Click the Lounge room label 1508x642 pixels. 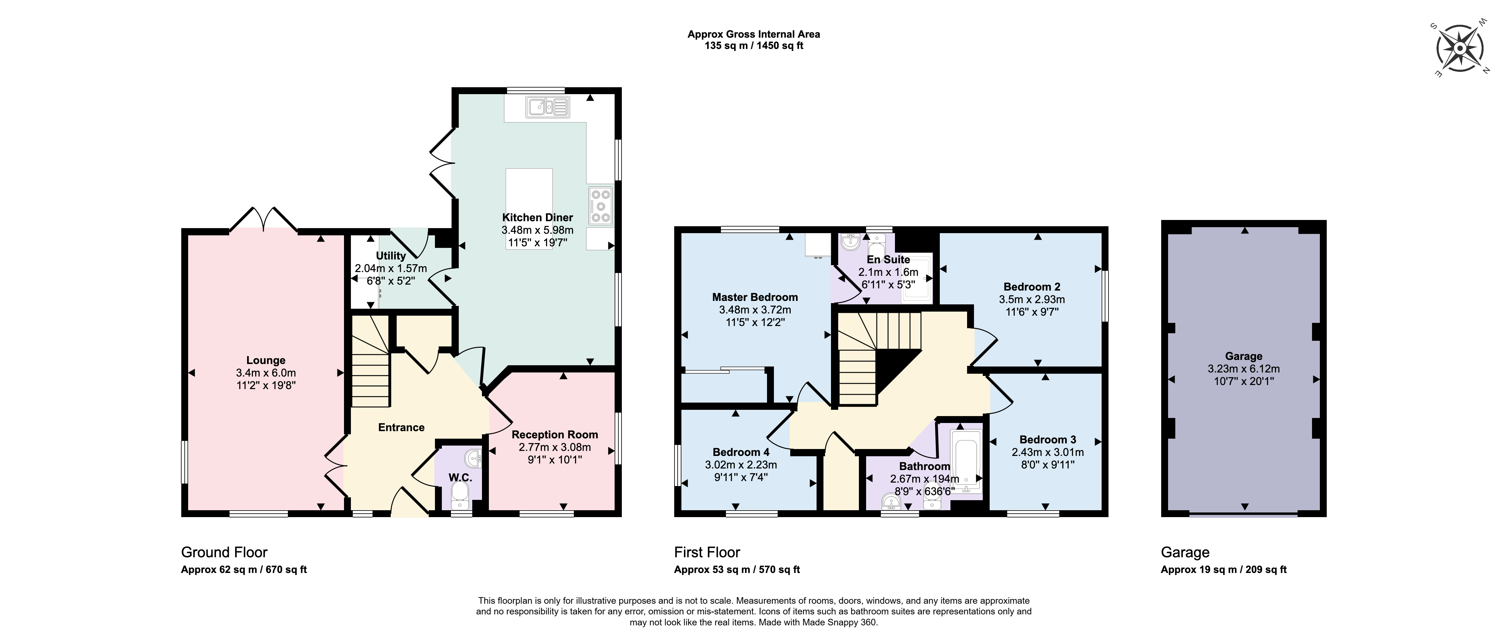[266, 360]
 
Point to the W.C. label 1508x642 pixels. [460, 477]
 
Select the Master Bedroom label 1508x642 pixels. [754, 297]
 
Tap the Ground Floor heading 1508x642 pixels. [224, 552]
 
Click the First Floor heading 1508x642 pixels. [707, 552]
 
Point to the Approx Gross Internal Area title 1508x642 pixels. [754, 34]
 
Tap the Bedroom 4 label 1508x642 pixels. [741, 452]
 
